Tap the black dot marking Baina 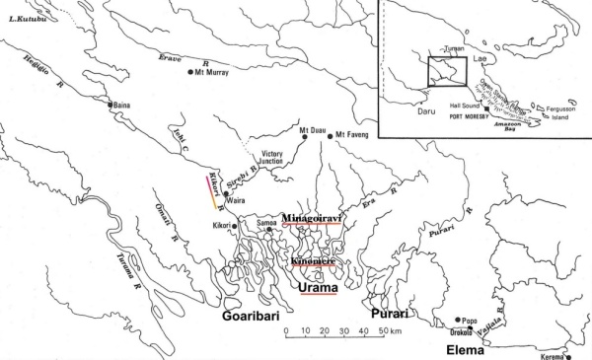tap(109, 102)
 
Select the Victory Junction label tap(271, 158)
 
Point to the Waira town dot tap(226, 193)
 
